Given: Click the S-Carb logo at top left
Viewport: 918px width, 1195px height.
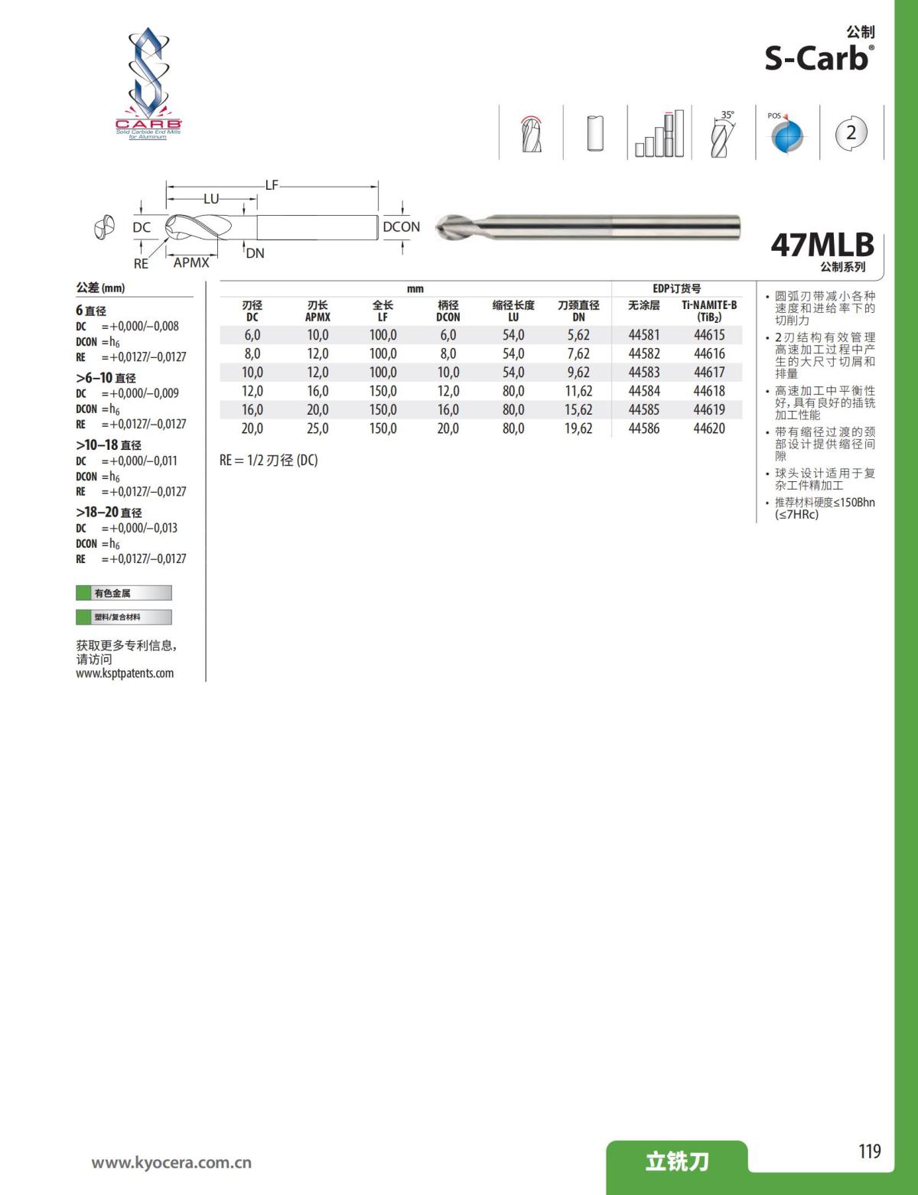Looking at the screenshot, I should [x=148, y=84].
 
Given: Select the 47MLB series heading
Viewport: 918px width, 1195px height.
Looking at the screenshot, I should [x=822, y=245].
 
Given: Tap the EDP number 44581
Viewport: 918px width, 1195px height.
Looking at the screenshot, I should [x=643, y=335].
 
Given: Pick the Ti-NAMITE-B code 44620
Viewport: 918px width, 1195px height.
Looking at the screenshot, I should [x=709, y=428].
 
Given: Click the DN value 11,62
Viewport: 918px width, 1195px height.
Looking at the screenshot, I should [x=578, y=391].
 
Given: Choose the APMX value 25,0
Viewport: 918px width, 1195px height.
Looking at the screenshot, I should [x=317, y=428].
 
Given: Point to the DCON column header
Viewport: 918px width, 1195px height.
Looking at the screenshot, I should [x=448, y=311].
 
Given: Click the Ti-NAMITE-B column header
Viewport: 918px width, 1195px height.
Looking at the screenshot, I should [x=709, y=311].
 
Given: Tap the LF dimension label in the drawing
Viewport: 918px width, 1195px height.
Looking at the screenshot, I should [x=272, y=185].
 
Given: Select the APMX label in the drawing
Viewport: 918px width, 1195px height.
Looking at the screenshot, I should [x=191, y=262].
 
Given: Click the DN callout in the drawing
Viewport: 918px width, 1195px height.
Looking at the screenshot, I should [x=255, y=253].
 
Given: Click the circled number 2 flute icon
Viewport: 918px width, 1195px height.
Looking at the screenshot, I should [x=851, y=132].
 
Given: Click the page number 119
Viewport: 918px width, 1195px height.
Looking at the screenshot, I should [x=869, y=1151].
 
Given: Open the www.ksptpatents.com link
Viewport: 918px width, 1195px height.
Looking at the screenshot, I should [x=125, y=673].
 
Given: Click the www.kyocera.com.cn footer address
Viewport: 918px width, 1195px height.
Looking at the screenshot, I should [x=171, y=1163].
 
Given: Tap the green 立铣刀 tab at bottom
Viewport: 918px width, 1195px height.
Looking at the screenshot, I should [x=677, y=1161].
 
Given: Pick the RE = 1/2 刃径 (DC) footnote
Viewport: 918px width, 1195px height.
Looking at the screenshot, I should [x=269, y=460].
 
